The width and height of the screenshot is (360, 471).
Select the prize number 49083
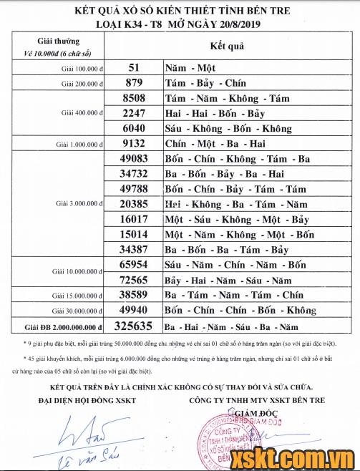click(135, 159)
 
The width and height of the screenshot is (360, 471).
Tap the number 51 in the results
click(134, 67)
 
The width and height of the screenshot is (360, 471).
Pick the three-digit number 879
click(134, 83)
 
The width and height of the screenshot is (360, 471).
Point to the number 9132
click(135, 143)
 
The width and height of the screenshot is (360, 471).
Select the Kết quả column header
click(227, 47)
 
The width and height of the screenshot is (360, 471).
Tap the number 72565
click(135, 280)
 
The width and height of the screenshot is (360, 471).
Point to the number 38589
click(135, 295)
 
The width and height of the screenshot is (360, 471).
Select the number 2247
click(135, 113)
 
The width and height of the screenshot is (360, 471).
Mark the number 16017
click(135, 219)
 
